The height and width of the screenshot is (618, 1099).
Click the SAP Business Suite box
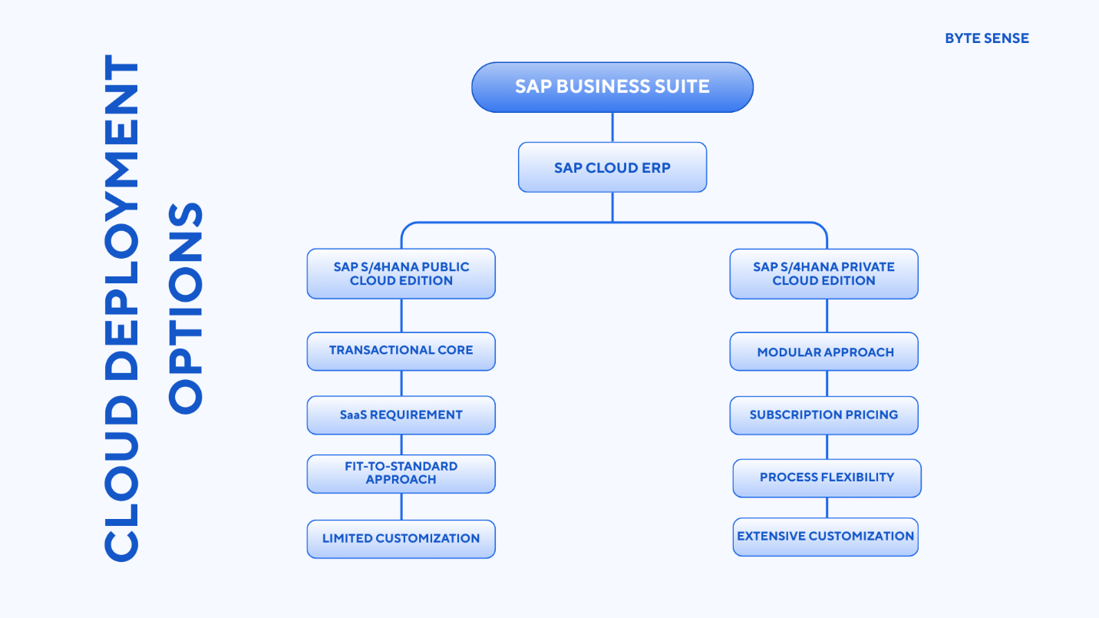pyautogui.click(x=612, y=87)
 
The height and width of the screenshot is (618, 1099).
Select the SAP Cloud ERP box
pyautogui.click(x=612, y=167)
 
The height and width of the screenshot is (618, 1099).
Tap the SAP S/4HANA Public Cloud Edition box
pyautogui.click(x=401, y=274)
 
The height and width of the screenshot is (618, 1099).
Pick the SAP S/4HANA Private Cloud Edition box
pyautogui.click(x=823, y=274)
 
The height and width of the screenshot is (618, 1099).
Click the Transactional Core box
pyautogui.click(x=401, y=351)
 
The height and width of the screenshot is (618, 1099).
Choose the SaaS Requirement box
pyautogui.click(x=401, y=415)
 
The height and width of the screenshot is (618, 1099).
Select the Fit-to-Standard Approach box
pyautogui.click(x=401, y=474)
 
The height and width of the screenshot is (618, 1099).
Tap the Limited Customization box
pyautogui.click(x=401, y=539)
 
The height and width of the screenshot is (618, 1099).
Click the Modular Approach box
pyautogui.click(x=823, y=352)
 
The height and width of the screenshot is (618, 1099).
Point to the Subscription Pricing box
pyautogui.click(x=823, y=415)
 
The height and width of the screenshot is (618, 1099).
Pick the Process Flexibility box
pyautogui.click(x=827, y=478)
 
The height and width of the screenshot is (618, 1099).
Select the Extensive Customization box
pyautogui.click(x=825, y=537)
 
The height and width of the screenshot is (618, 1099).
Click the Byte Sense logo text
pyautogui.click(x=986, y=38)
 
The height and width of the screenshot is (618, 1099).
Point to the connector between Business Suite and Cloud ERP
pyautogui.click(x=612, y=127)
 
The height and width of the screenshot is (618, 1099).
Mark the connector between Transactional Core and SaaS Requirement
pyautogui.click(x=401, y=383)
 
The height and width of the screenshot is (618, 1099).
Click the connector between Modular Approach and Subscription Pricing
pyautogui.click(x=827, y=383)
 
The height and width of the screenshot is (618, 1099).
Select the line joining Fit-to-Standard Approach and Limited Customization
pyautogui.click(x=401, y=507)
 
